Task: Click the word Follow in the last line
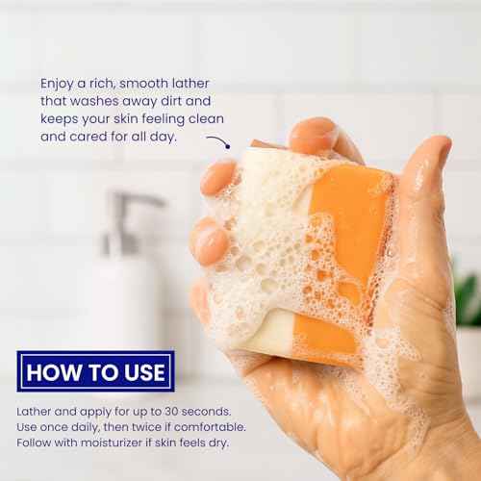point(38,444)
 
